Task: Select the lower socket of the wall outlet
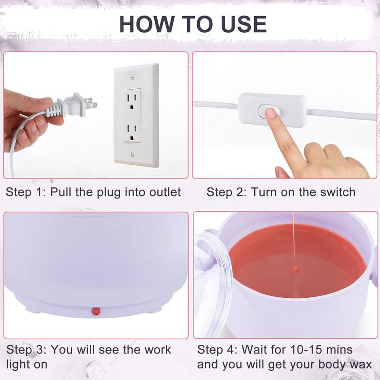coord(132,131)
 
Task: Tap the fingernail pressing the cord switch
coord(271,113)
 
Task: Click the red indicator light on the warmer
coord(96,311)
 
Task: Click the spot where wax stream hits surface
coord(294,269)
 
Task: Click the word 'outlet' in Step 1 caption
coord(164,192)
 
